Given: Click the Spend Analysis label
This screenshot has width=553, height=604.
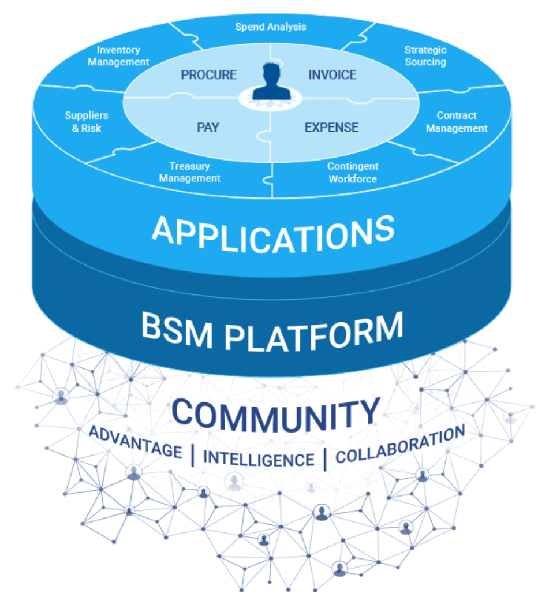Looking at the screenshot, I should point(271,27).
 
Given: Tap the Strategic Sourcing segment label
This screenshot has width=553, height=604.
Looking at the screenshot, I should point(425,56).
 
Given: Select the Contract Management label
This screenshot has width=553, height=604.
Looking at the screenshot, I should point(457,122).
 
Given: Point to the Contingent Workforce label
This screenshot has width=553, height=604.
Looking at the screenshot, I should point(353,173).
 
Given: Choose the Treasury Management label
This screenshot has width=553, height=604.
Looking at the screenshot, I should point(189,172).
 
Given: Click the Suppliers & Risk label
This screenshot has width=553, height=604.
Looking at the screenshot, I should point(87,122).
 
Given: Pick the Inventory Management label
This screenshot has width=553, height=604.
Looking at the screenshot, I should point(118,56).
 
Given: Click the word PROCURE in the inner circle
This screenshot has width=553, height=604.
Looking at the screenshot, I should point(208,74).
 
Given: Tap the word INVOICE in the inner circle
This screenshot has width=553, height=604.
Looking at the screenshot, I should point(332,74).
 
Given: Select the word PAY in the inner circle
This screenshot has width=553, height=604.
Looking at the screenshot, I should point(208,127).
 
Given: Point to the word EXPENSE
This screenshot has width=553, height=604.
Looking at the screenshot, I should point(331,127).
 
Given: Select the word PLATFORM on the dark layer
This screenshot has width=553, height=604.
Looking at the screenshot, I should point(313,332).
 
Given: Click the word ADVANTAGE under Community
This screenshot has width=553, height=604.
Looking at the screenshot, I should point(135,442).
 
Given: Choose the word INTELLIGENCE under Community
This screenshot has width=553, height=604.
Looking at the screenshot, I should point(259,459).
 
